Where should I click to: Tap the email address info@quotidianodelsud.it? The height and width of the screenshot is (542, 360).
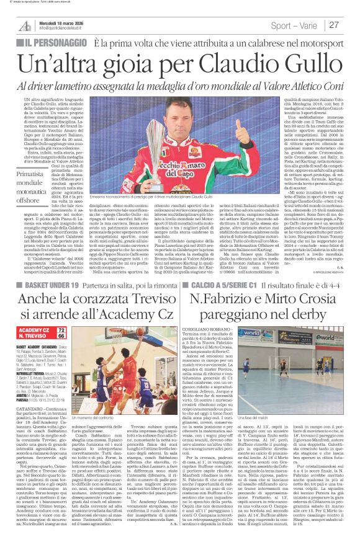[x=68, y=29]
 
